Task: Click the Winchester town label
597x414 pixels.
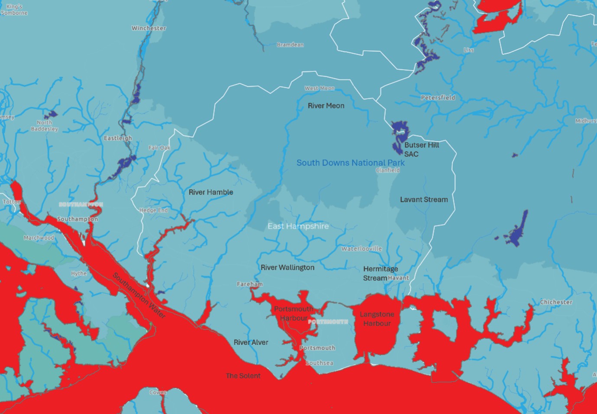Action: pos(149,28)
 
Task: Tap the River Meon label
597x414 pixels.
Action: pos(326,105)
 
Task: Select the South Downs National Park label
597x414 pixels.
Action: pos(350,163)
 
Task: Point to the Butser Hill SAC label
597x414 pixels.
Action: pos(421,150)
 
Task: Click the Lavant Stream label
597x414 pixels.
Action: pos(424,200)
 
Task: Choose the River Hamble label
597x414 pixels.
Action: pos(211,192)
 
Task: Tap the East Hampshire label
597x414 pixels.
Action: pos(298,226)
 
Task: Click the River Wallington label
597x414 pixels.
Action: pos(287,268)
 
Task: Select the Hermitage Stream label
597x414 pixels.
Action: pos(380,274)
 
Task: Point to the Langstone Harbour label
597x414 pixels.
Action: pos(377,319)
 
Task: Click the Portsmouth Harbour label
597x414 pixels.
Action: pos(293,313)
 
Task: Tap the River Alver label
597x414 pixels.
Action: pos(251,342)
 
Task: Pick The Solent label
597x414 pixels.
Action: pos(243,376)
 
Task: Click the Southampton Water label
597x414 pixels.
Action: pos(139,296)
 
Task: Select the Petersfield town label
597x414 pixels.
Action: pos(438,98)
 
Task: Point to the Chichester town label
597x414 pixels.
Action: pos(556,302)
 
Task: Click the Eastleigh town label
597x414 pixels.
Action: pos(118,138)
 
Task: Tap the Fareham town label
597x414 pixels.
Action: pos(250,284)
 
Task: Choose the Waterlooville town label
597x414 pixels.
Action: pos(361,248)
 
